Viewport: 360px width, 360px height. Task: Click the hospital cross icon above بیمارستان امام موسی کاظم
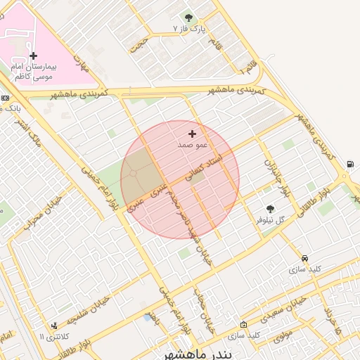[33, 56]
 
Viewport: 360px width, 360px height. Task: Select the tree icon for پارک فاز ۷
[188, 18]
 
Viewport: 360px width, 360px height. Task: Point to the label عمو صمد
[192, 144]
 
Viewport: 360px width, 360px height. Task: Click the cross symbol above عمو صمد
[192, 133]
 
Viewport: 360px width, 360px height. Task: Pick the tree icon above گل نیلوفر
[270, 209]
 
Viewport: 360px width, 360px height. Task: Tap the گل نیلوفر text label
[271, 220]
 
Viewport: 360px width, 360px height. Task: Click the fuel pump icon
[350, 165]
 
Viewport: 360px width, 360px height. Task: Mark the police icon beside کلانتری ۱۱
[55, 326]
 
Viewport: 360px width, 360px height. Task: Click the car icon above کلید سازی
[304, 258]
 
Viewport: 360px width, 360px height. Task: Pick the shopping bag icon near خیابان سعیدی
[243, 325]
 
